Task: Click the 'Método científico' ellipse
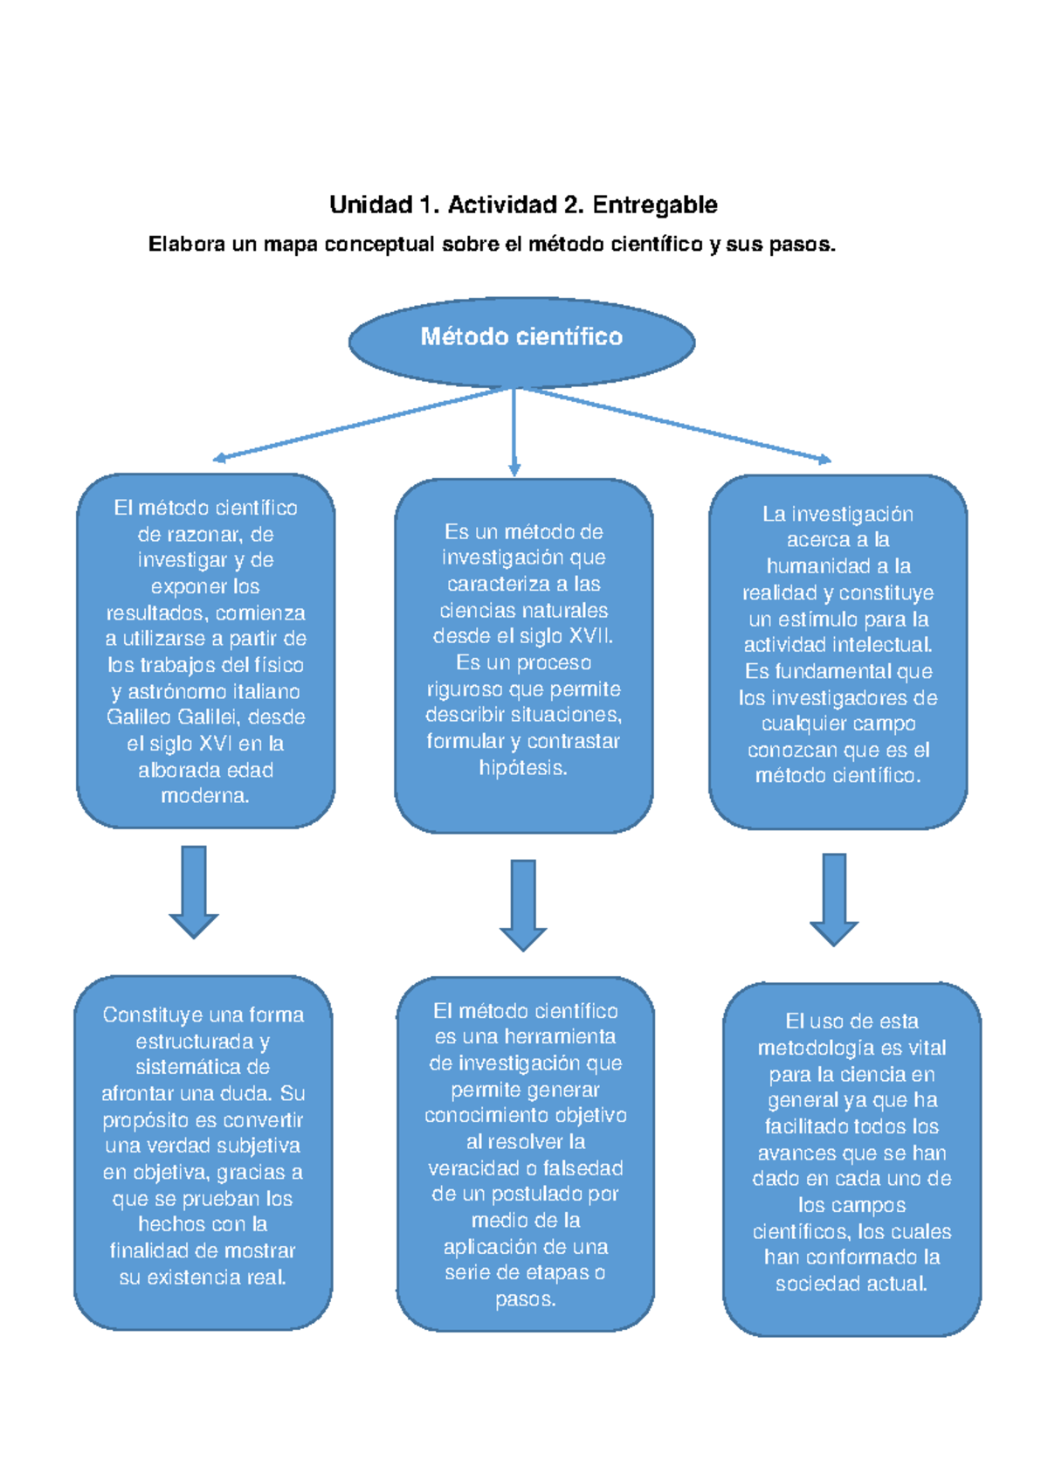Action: (521, 342)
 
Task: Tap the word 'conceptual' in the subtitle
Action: (379, 245)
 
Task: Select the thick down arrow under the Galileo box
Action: (194, 891)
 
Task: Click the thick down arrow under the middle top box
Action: (523, 904)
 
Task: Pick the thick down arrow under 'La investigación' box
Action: (834, 899)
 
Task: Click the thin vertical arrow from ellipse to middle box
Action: (514, 433)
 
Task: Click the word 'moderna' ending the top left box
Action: (203, 796)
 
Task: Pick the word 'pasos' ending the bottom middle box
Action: (523, 1299)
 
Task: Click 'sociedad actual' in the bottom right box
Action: (851, 1284)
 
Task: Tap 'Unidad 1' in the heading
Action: (371, 205)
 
